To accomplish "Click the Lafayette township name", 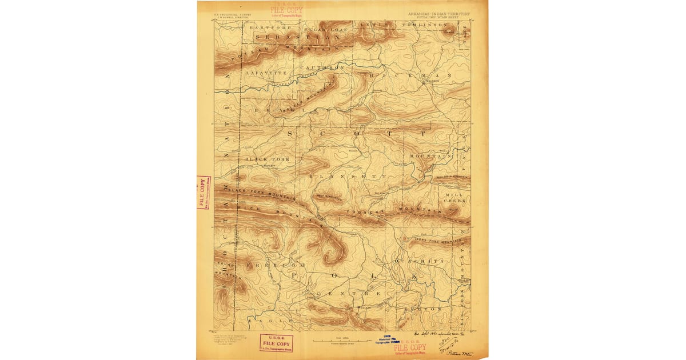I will pos(265,73).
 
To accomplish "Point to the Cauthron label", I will pos(323,68).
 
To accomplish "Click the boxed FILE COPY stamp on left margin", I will pos(202,192).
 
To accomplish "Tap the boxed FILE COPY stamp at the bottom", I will pos(276,343).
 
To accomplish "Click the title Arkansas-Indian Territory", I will pos(439,14).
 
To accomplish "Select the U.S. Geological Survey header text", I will pos(233,15).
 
